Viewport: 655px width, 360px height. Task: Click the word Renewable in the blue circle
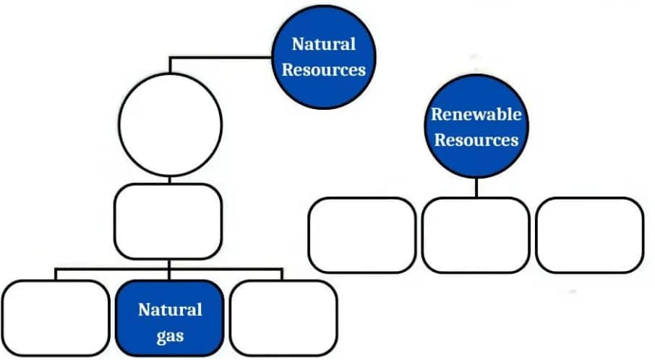pyautogui.click(x=476, y=113)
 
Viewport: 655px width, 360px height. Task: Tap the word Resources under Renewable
pyautogui.click(x=476, y=139)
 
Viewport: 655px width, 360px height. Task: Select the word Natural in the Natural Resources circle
pyautogui.click(x=323, y=44)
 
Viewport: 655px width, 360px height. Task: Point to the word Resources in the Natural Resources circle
pyautogui.click(x=323, y=70)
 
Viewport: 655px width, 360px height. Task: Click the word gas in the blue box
pyautogui.click(x=169, y=335)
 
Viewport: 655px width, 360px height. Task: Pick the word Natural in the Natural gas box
pyautogui.click(x=169, y=310)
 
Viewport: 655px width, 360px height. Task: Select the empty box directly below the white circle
pyautogui.click(x=169, y=221)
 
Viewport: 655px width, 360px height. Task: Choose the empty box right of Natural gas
pyautogui.click(x=283, y=318)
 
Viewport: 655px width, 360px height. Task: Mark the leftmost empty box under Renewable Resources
pyautogui.click(x=361, y=235)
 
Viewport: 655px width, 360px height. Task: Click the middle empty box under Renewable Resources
pyautogui.click(x=476, y=235)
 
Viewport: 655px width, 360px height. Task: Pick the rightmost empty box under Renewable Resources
pyautogui.click(x=590, y=235)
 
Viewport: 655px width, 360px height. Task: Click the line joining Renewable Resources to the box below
pyautogui.click(x=476, y=186)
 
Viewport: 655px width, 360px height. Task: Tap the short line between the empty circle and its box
pyautogui.click(x=169, y=179)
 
